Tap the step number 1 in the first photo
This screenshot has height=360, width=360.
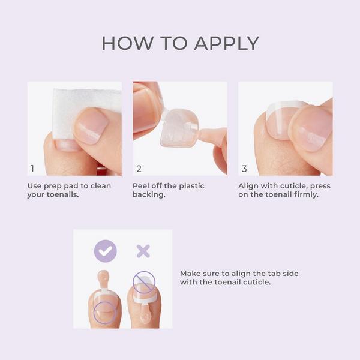pyautogui.click(x=33, y=169)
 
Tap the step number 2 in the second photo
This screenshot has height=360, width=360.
pyautogui.click(x=139, y=169)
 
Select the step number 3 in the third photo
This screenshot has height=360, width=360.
pyautogui.click(x=244, y=169)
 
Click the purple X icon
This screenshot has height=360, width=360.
pyautogui.click(x=143, y=251)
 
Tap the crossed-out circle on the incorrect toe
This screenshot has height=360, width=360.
pyautogui.click(x=144, y=281)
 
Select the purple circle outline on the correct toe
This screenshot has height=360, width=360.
pyautogui.click(x=106, y=310)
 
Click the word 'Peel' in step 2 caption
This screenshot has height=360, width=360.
pyautogui.click(x=142, y=186)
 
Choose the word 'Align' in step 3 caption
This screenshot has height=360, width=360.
pyautogui.click(x=249, y=186)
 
